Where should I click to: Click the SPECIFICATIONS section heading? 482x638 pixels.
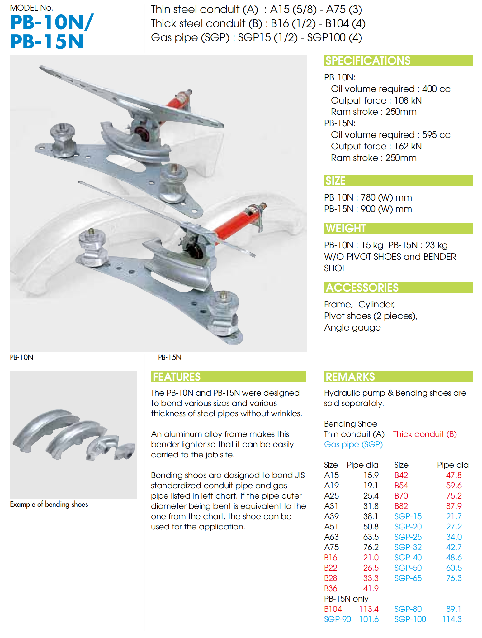368,60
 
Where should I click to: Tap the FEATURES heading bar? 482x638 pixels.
228,377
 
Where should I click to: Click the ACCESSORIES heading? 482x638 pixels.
362,288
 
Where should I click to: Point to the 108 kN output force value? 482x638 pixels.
408,100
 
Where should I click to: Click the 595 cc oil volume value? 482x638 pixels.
436,135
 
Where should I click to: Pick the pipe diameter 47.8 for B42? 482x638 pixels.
454,475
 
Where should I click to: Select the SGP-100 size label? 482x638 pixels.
410,619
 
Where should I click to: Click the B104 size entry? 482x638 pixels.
333,609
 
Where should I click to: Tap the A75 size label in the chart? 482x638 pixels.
331,547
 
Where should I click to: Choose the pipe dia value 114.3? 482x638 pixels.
452,619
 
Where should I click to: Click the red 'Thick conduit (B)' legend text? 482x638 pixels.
425,434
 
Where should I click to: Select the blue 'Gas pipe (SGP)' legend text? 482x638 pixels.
353,444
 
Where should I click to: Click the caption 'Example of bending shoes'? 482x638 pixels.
49,504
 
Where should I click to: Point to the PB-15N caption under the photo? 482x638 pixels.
170,357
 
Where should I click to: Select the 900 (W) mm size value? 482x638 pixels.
386,209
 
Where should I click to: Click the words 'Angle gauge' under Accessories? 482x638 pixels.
352,327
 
